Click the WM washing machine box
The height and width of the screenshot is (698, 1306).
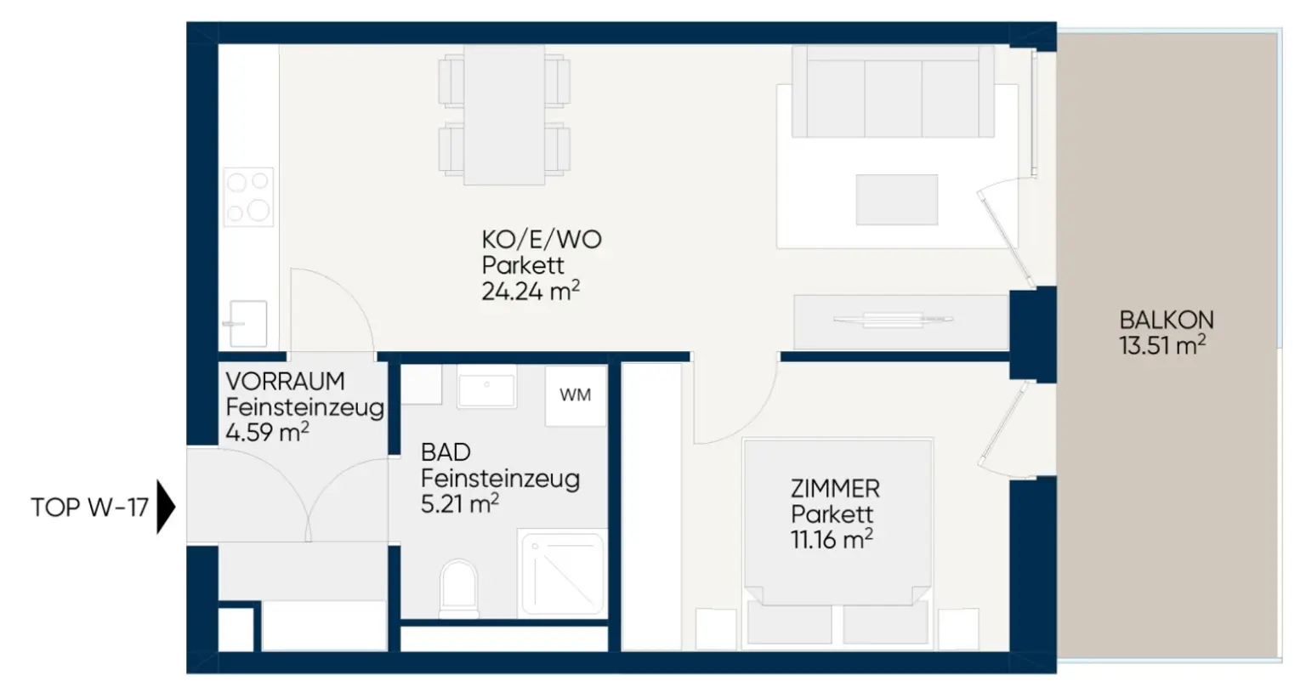pos(576,396)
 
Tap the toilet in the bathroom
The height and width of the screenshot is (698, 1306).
pos(459,588)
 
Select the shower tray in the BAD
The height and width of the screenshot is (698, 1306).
pos(562,573)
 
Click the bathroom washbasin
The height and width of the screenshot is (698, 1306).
pos(486,388)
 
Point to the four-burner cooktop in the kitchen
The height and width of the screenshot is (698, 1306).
pos(248,196)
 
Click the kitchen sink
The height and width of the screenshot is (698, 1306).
pos(247,323)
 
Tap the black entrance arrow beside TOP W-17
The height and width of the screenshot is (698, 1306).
pos(166,507)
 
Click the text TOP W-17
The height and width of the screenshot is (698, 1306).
pos(90,508)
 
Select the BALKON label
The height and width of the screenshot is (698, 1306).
pos(1166,321)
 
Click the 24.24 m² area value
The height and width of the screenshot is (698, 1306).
pos(531,291)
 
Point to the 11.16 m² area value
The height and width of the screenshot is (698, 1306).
pos(832,539)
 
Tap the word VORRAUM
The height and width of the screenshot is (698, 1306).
pos(285,382)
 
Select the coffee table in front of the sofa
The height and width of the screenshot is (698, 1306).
pos(897,200)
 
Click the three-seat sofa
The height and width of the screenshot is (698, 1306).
pos(894,92)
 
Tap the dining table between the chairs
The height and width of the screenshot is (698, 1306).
pos(504,115)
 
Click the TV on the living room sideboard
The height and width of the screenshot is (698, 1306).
pos(893,320)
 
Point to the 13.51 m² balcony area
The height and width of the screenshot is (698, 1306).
pos(1162,345)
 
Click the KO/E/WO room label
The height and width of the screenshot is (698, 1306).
pos(542,240)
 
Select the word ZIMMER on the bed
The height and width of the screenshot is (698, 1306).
pos(835,489)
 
